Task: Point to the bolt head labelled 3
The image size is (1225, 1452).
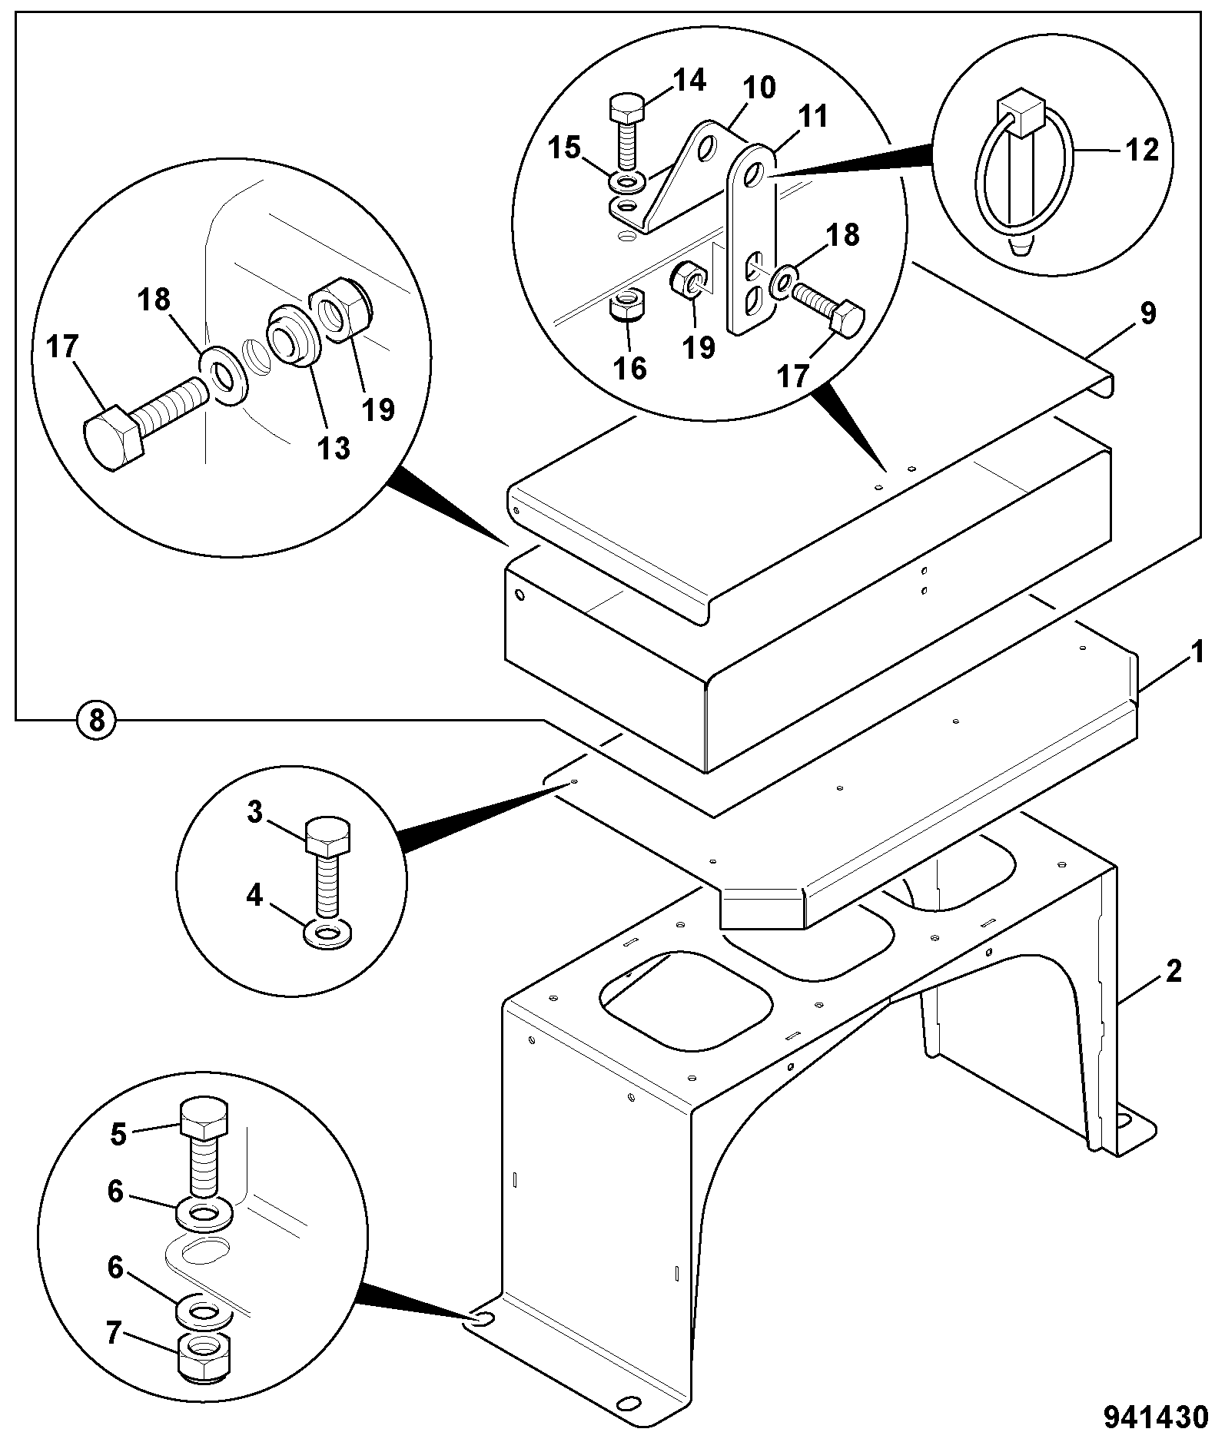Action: [329, 837]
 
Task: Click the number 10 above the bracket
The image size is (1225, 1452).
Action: [759, 88]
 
